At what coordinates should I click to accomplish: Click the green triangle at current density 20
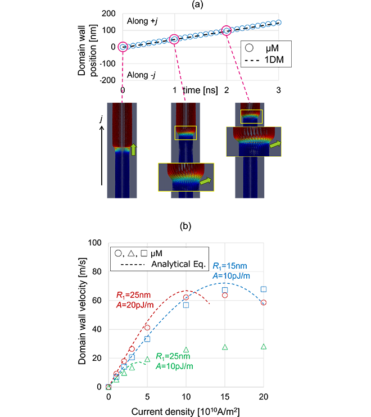point(263,347)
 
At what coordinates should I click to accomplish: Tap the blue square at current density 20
point(263,289)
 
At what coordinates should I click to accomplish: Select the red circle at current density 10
point(186,297)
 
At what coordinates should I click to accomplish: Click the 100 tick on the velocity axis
point(97,243)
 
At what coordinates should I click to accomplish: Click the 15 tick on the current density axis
point(225,397)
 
